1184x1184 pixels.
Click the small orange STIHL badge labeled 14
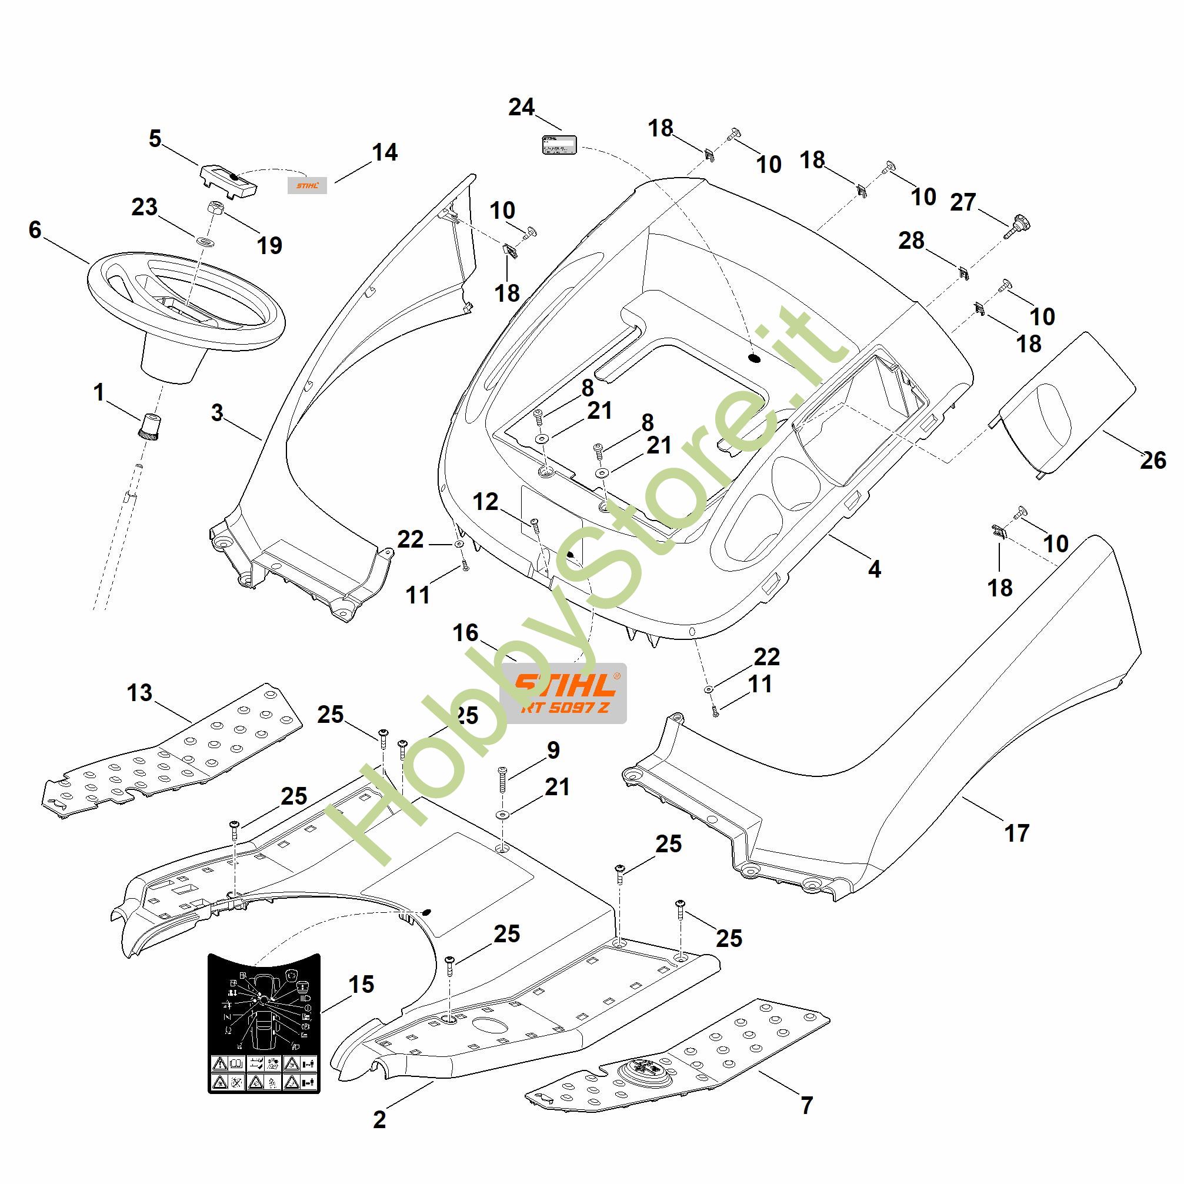click(x=307, y=185)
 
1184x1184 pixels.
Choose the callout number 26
click(x=1152, y=460)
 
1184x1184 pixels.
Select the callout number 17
click(x=1017, y=833)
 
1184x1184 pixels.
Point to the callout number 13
click(x=140, y=692)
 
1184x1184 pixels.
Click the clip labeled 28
click(x=965, y=272)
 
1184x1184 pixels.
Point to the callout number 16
click(x=465, y=633)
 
